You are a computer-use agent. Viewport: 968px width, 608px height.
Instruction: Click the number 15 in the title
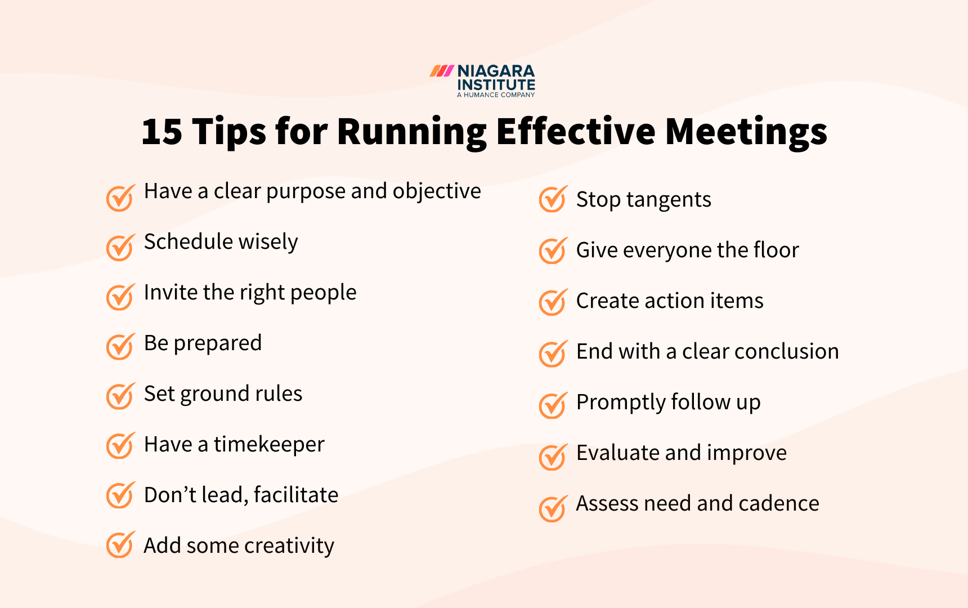(162, 132)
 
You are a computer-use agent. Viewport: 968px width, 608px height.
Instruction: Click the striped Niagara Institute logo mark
(442, 71)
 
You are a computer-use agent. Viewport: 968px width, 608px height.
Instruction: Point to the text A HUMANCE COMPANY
(496, 95)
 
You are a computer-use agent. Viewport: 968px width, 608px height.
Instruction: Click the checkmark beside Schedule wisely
(120, 248)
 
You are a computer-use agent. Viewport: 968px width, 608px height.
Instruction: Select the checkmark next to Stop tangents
(552, 199)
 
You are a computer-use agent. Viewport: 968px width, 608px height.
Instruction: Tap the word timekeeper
(269, 445)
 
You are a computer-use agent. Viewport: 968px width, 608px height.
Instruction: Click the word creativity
(289, 546)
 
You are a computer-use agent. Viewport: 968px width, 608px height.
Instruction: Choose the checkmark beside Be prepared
(120, 347)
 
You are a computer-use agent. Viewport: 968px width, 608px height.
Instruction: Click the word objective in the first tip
(437, 191)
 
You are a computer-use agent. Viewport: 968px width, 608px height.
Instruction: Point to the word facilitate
(296, 495)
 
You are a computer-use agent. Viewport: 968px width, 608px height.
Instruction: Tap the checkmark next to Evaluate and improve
(552, 457)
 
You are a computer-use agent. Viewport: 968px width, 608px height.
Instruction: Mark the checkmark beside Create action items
(552, 303)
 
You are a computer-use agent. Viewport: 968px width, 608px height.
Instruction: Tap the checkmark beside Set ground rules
(120, 396)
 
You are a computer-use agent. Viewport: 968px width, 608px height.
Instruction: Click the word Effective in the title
(576, 132)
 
